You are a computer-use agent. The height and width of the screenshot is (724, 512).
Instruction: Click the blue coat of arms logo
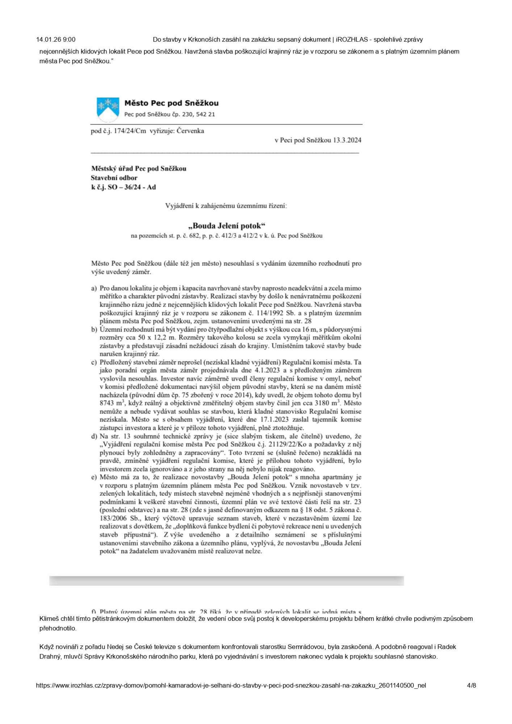point(108,109)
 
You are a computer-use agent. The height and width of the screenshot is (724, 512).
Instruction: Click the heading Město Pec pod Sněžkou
point(171,103)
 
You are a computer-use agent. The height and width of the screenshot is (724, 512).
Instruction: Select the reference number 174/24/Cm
point(130,131)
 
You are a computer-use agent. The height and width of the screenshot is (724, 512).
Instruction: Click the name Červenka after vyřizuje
point(190,131)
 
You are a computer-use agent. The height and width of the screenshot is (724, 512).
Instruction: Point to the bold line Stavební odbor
point(114,178)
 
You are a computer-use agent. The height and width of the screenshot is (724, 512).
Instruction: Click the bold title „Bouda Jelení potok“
point(227,226)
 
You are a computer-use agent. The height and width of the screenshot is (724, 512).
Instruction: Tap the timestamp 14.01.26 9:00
point(56,39)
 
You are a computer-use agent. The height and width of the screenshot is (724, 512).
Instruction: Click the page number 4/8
point(471,685)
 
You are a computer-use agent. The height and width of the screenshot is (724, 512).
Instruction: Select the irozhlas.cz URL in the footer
point(231,685)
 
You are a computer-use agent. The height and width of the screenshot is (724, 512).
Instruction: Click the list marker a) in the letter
point(94,289)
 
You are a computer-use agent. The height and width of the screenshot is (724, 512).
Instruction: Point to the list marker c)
point(94,362)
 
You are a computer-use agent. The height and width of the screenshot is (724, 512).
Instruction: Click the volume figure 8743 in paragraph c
point(107,403)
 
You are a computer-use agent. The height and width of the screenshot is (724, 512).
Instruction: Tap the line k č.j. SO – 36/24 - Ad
point(123,187)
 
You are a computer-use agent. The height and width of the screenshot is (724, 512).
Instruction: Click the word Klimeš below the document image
point(50,619)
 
